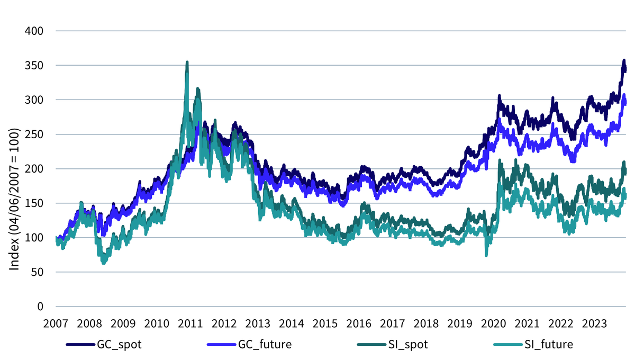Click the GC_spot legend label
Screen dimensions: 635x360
coord(119,345)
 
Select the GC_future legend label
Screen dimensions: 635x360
coord(265,345)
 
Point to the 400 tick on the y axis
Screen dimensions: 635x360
coord(34,31)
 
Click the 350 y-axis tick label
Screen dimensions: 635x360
coord(34,66)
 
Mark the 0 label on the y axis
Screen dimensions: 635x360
coord(40,307)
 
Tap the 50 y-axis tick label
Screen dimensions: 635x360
coord(37,272)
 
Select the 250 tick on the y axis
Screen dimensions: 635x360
coord(34,134)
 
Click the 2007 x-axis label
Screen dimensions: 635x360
coord(56,323)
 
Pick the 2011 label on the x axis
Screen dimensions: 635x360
coord(190,323)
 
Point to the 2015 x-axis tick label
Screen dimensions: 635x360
coord(325,323)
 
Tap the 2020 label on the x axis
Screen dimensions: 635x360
coord(493,323)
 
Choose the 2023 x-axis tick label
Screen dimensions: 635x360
coord(594,323)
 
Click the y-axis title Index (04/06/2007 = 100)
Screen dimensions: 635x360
coord(14,199)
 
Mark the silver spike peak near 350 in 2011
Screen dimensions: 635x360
coord(187,62)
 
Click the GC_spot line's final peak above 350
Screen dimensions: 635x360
coord(624,60)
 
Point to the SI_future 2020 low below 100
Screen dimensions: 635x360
coord(486,255)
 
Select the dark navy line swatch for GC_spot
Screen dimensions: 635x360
coord(80,345)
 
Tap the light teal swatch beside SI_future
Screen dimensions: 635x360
coord(508,345)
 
